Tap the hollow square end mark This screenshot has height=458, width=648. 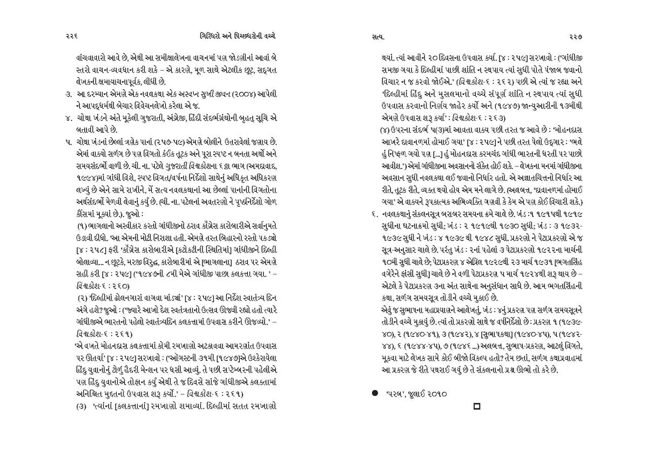[476, 406]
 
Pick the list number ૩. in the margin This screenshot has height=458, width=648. [69, 95]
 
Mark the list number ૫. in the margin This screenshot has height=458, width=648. [69, 142]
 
